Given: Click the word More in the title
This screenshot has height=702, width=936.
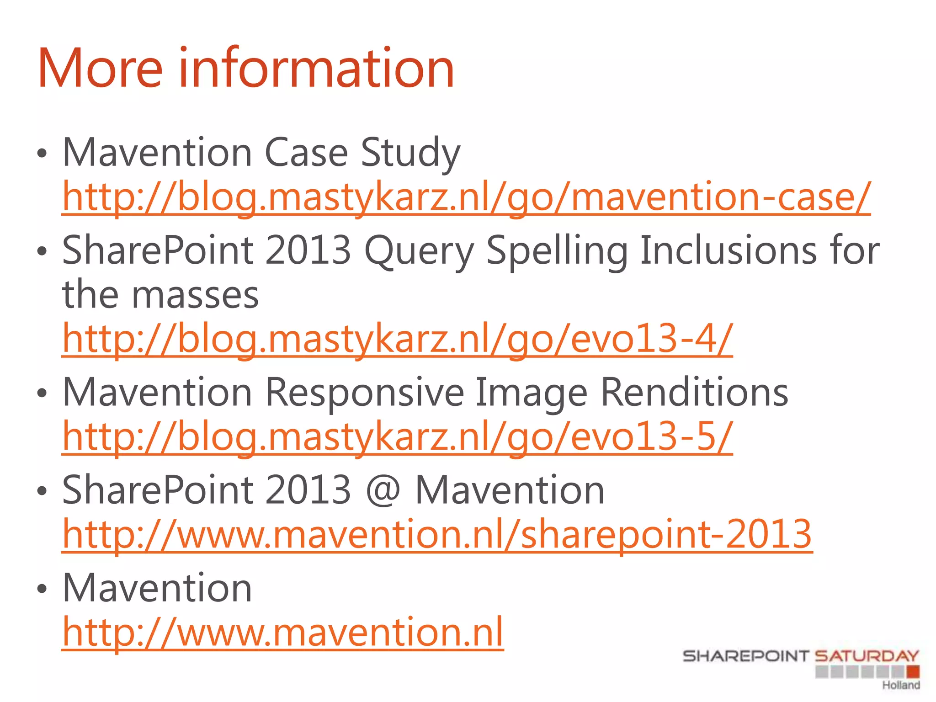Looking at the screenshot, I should point(100,69).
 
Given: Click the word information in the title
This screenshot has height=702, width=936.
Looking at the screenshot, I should point(316,69).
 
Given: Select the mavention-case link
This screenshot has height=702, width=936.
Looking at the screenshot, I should point(466,197).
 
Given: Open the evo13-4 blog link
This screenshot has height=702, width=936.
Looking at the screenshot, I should point(397,339).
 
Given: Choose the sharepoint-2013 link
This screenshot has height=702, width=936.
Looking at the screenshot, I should point(437,534).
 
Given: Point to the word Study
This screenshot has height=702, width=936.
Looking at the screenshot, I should point(410,153).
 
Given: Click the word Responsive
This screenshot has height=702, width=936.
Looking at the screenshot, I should point(365,393).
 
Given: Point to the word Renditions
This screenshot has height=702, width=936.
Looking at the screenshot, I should point(694,393).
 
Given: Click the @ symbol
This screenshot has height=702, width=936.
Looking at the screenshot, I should point(383,490).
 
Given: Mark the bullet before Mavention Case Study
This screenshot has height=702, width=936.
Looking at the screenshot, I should point(42,154).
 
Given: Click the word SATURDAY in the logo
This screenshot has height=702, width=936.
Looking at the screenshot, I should point(867,656).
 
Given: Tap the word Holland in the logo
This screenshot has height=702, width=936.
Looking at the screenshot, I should point(901,685).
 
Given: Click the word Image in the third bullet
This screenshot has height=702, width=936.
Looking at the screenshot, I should point(531,393).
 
